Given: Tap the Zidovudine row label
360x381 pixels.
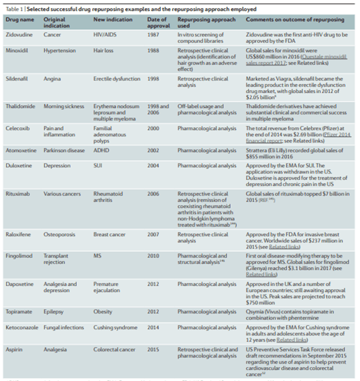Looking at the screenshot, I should (x=20, y=35).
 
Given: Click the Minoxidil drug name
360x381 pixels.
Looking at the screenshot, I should (x=19, y=49).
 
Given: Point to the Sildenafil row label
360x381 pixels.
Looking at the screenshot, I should (x=19, y=78).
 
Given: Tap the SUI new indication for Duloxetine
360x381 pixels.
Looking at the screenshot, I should (x=99, y=164).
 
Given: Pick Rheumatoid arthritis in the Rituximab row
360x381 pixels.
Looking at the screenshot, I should (x=110, y=197).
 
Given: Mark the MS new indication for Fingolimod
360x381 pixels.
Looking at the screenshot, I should (x=98, y=255).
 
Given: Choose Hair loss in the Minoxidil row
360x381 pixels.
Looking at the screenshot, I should (x=104, y=49).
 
